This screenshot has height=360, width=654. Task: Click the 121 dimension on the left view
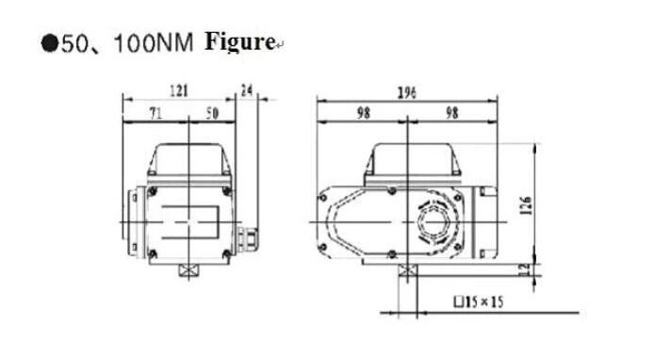[x=179, y=90]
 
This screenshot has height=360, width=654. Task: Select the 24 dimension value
[x=248, y=90]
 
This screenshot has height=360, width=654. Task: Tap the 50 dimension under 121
[x=213, y=112]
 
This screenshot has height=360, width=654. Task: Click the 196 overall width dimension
[x=406, y=92]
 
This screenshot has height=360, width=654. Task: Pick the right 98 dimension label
[x=452, y=112]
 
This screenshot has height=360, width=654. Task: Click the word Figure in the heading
[x=238, y=42]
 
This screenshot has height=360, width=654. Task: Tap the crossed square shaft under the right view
[x=406, y=272]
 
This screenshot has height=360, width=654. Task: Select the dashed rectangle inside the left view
[x=188, y=221]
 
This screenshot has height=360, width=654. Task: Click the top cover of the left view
[x=189, y=160]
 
